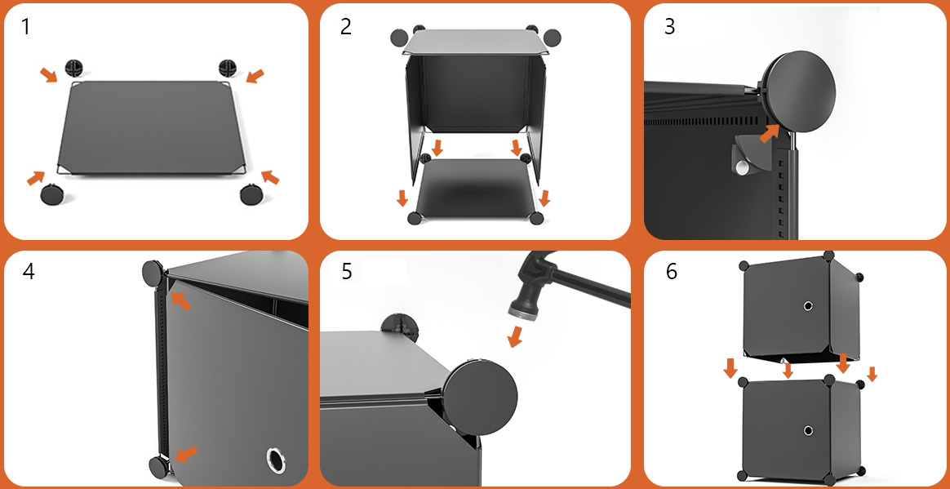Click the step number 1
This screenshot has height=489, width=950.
[x=24, y=27]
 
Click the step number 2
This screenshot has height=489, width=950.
[x=346, y=27]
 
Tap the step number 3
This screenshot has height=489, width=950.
[x=669, y=27]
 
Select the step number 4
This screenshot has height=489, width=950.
[x=29, y=272]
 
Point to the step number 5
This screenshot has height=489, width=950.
[x=347, y=272]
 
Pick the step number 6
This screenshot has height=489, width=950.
[x=672, y=272]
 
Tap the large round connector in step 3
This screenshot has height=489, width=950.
[x=800, y=87]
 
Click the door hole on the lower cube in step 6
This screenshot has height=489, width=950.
[x=809, y=431]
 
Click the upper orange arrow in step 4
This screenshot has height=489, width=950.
[x=180, y=300]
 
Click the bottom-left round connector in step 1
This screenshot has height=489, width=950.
[x=51, y=194]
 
